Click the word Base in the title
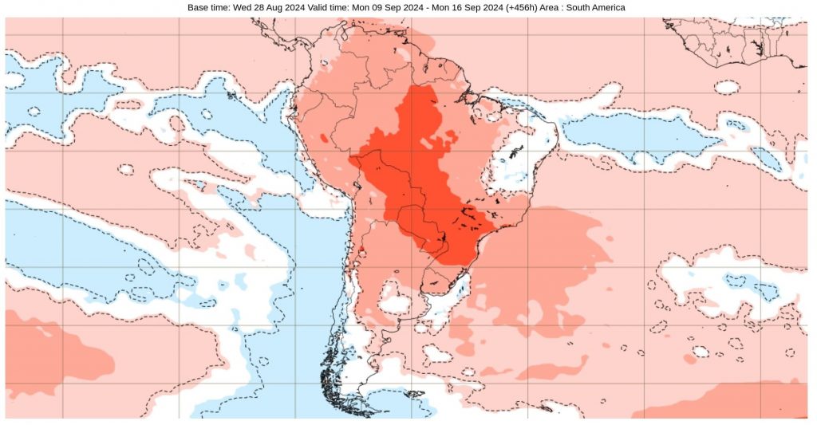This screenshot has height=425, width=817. pyautogui.click(x=199, y=7)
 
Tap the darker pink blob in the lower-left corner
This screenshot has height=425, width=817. pyautogui.click(x=48, y=351)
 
